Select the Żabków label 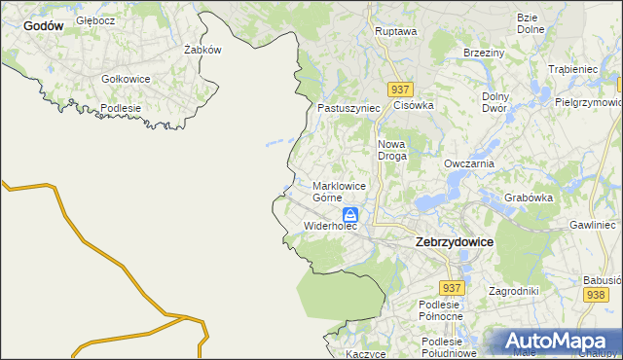pyautogui.click(x=203, y=50)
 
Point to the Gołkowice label pyautogui.click(x=126, y=79)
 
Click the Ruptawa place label pyautogui.click(x=396, y=31)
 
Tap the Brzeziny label pyautogui.click(x=483, y=53)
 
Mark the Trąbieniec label pyautogui.click(x=572, y=70)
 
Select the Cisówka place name pyautogui.click(x=413, y=105)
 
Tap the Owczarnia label pyautogui.click(x=469, y=164)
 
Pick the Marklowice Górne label pyautogui.click(x=339, y=191)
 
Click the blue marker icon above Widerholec pyautogui.click(x=349, y=216)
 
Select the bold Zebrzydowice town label pyautogui.click(x=454, y=241)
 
